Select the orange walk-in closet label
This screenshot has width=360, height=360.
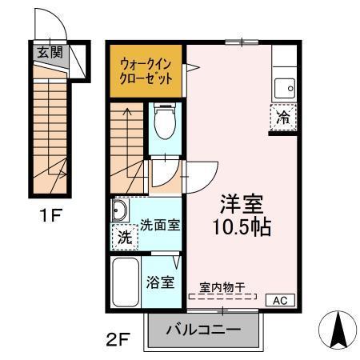(x=146, y=69)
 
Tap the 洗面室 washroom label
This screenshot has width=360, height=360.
(x=160, y=226)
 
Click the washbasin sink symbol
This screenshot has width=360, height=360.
(x=120, y=212)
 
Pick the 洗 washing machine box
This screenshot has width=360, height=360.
(x=124, y=238)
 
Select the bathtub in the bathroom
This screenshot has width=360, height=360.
(x=124, y=282)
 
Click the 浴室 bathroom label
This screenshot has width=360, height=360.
(x=160, y=282)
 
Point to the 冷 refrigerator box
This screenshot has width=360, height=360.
(x=283, y=117)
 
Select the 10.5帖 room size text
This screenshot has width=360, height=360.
(x=243, y=226)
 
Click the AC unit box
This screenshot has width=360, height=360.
(x=280, y=300)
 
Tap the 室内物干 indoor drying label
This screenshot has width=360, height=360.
(x=222, y=286)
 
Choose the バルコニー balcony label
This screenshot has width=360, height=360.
(x=203, y=330)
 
